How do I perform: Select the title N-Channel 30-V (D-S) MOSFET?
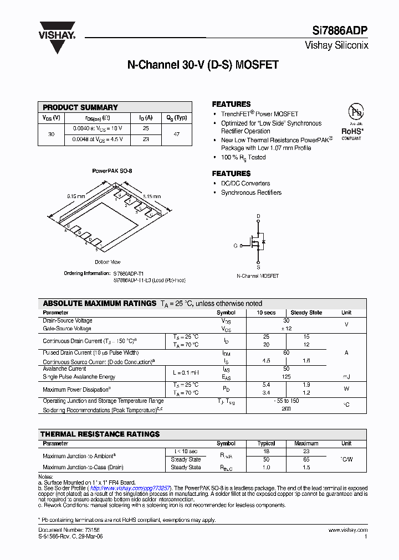tap(203, 65)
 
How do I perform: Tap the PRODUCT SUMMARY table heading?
tap(80, 107)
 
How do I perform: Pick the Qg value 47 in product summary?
tap(177, 134)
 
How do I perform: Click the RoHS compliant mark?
tap(352, 132)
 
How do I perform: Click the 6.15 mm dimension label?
tap(76, 196)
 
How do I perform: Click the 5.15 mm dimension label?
tap(151, 196)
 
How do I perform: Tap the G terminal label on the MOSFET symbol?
tap(235, 245)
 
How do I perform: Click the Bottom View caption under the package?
tap(108, 262)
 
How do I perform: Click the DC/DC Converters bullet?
tap(245, 183)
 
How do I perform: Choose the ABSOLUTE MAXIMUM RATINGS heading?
tap(99, 303)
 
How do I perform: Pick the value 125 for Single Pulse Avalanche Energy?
tap(286, 377)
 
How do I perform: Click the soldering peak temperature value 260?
tap(286, 409)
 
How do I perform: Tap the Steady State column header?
tap(306, 313)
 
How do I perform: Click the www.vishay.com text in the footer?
tap(347, 530)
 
